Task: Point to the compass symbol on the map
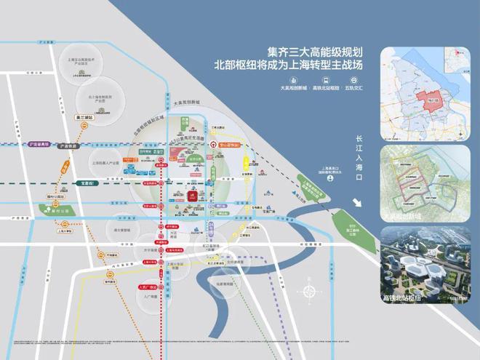(310, 292)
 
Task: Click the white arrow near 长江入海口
(359, 203)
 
